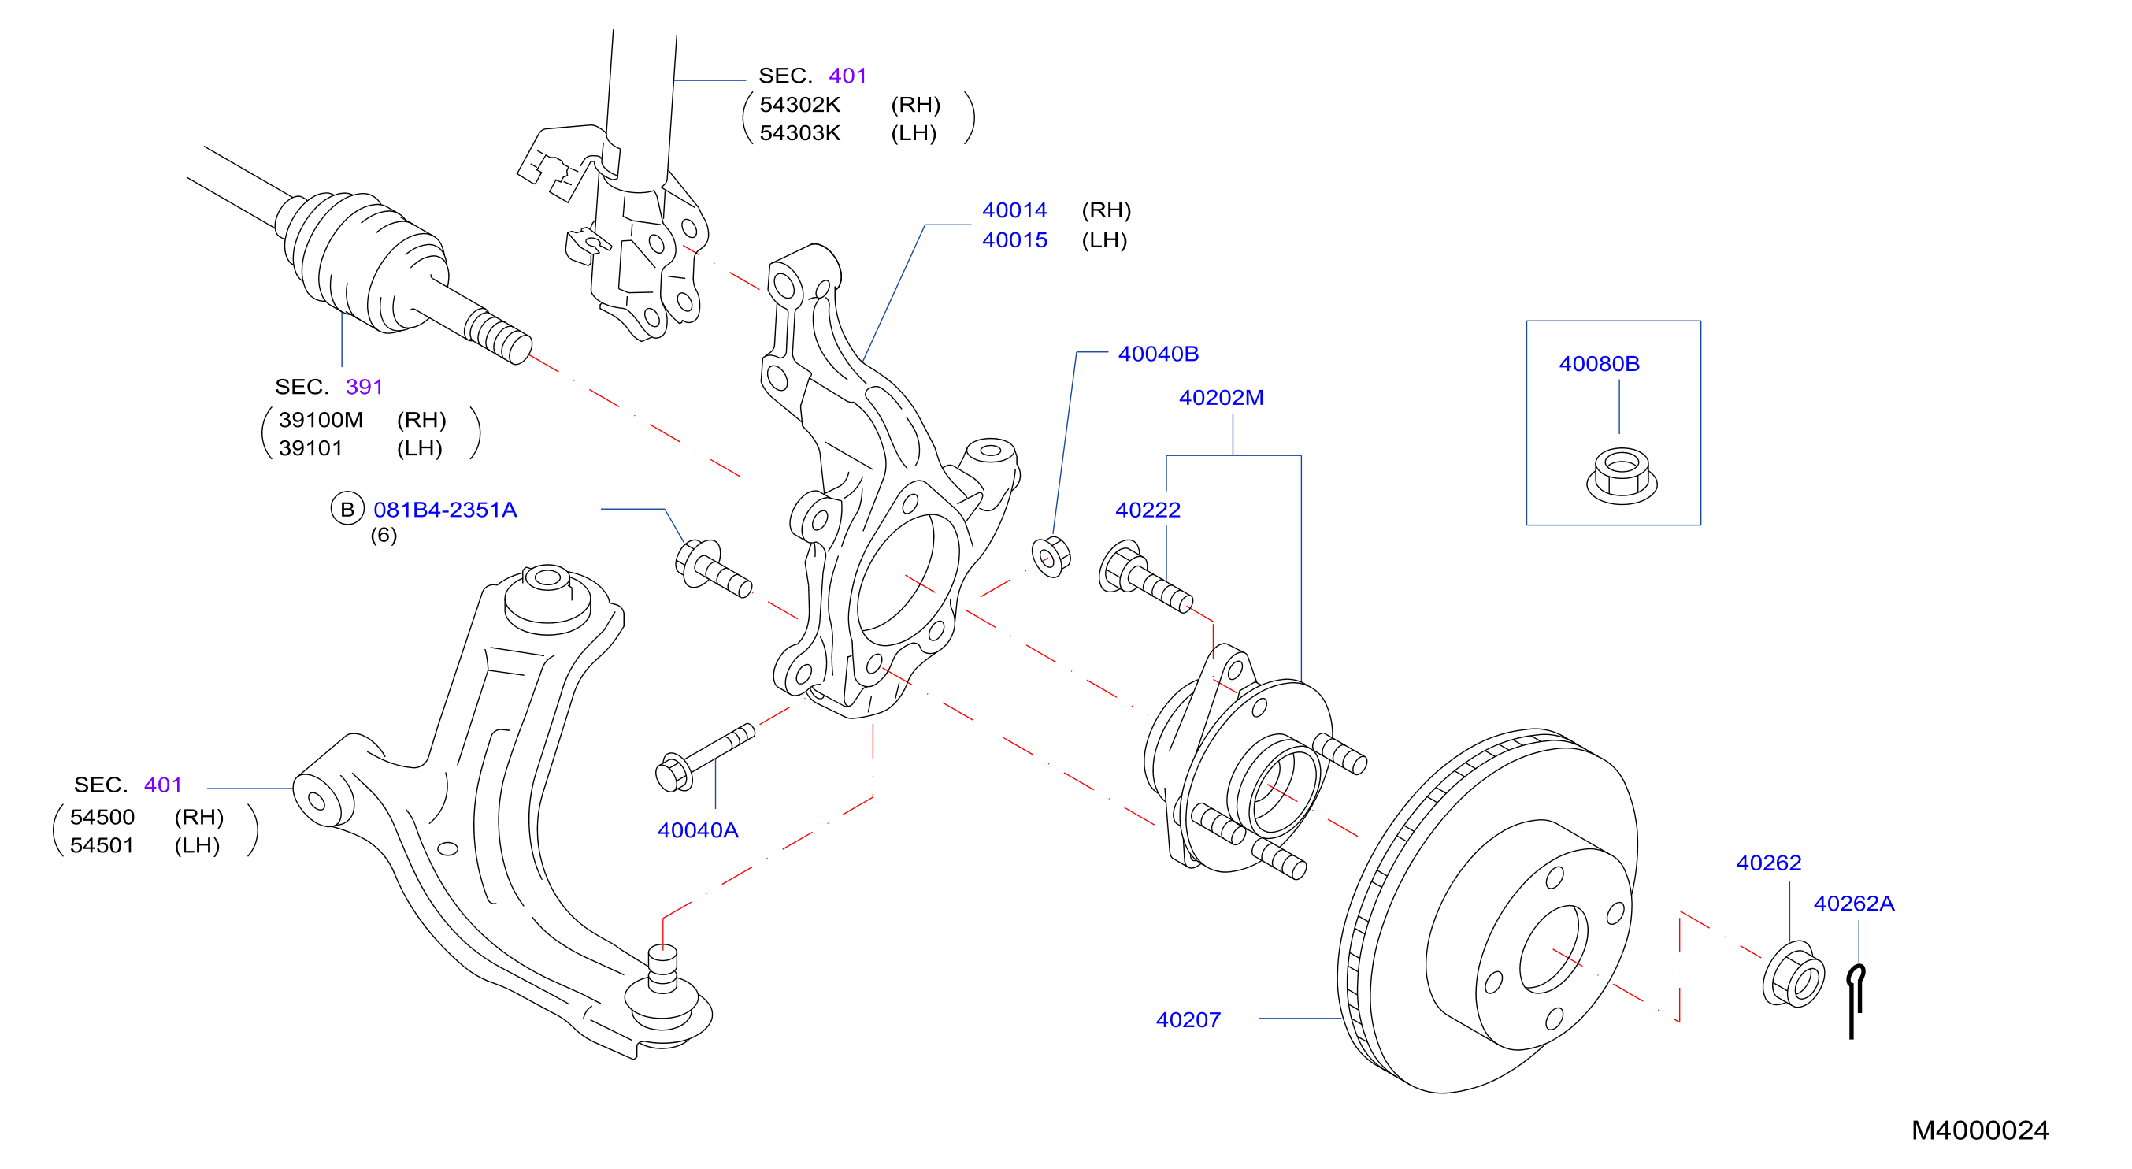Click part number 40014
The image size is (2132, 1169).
pyautogui.click(x=1014, y=210)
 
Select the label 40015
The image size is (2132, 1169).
pyautogui.click(x=1014, y=240)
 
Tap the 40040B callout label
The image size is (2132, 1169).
pyautogui.click(x=1158, y=354)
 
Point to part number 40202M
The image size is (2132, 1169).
pyautogui.click(x=1221, y=397)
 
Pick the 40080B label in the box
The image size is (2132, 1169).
pyautogui.click(x=1599, y=363)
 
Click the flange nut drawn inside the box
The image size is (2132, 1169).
pyautogui.click(x=1622, y=475)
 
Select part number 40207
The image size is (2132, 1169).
pyautogui.click(x=1188, y=1020)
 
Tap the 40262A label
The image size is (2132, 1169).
pyautogui.click(x=1854, y=904)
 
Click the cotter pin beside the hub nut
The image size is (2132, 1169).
pyautogui.click(x=1855, y=1001)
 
